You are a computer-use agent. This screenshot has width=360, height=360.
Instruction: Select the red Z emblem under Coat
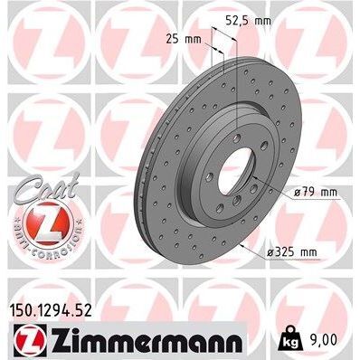(x=41, y=223)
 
